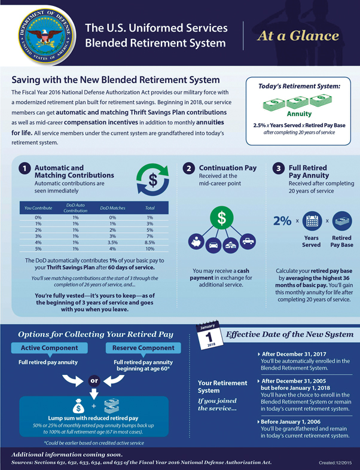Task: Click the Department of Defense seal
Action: pyautogui.click(x=45, y=35)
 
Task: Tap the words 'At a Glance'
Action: pyautogui.click(x=298, y=36)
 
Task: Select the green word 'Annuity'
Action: pyautogui.click(x=299, y=114)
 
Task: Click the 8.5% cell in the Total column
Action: pyautogui.click(x=150, y=243)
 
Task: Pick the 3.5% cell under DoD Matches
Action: pyautogui.click(x=112, y=243)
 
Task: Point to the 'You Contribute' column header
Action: pyautogui.click(x=38, y=208)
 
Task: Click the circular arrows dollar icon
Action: pyautogui.click(x=153, y=180)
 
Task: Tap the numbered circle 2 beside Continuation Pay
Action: pyautogui.click(x=188, y=169)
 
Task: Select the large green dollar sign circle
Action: pyautogui.click(x=221, y=218)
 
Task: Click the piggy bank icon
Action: pyautogui.click(x=196, y=242)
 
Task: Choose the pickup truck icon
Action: pyautogui.click(x=248, y=242)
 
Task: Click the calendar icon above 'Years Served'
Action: pyautogui.click(x=312, y=221)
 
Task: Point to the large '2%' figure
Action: pyautogui.click(x=282, y=221)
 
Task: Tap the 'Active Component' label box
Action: pyautogui.click(x=50, y=348)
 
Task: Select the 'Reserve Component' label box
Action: pyautogui.click(x=144, y=348)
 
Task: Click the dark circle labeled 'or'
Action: pyautogui.click(x=94, y=381)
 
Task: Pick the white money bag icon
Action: pyautogui.click(x=78, y=406)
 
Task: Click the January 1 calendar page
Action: pyautogui.click(x=209, y=335)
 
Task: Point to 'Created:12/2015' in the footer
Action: pyautogui.click(x=335, y=463)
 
